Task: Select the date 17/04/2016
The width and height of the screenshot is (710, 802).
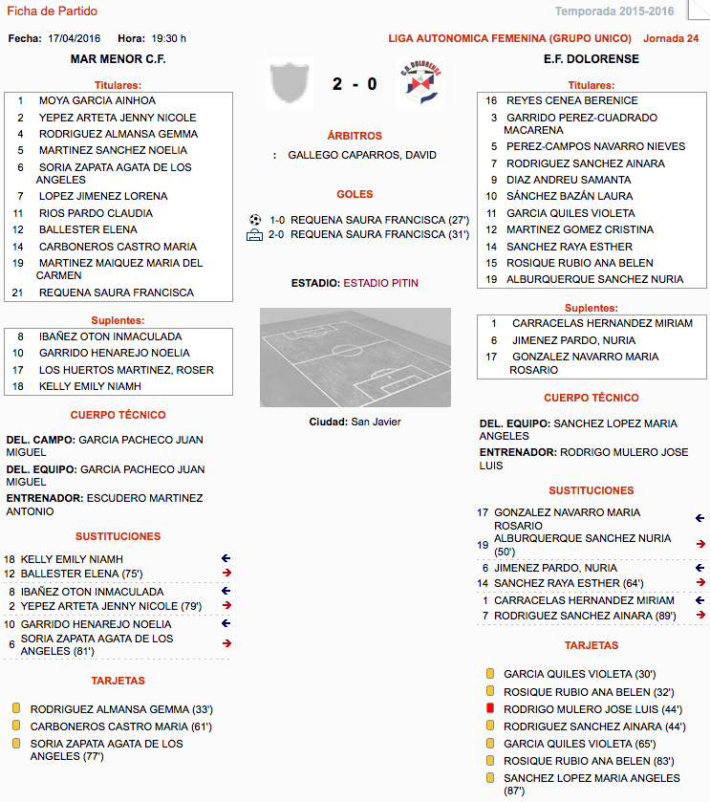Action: point(75,39)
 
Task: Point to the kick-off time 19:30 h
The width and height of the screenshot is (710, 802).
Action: point(169,39)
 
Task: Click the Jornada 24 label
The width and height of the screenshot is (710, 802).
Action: point(671,39)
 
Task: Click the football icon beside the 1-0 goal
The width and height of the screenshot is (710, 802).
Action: point(254,219)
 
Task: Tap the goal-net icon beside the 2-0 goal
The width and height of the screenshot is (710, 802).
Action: point(254,234)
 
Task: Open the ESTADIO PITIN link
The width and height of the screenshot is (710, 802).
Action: point(380,283)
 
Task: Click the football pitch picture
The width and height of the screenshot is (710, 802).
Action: point(355,357)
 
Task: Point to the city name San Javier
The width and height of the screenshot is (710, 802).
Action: point(376,422)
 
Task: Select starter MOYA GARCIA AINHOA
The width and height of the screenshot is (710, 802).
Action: point(97,100)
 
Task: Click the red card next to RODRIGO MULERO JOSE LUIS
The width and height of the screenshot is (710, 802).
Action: point(490,708)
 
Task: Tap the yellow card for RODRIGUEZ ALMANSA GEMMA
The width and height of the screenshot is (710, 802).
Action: point(16,709)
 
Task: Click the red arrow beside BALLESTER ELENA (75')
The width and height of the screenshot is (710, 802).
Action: point(226,574)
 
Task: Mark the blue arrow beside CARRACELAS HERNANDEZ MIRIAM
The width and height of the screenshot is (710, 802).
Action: point(700,600)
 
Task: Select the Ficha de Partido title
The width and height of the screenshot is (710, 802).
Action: point(53,11)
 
